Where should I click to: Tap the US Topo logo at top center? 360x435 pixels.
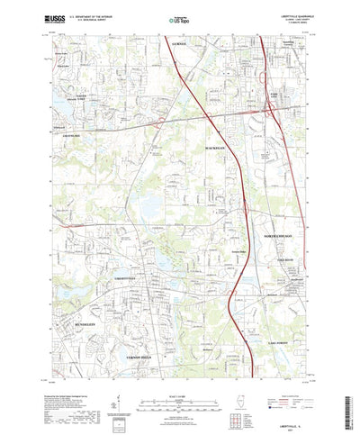pos(179,17)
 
